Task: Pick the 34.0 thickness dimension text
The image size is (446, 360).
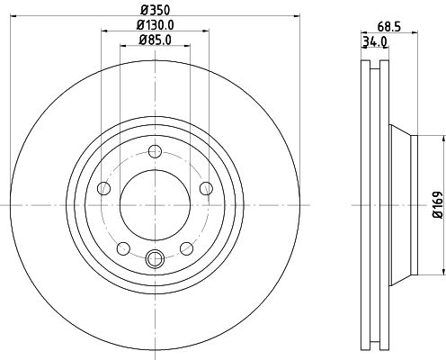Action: point(374,41)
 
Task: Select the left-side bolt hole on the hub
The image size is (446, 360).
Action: point(103,188)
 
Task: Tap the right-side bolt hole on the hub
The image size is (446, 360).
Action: point(206,187)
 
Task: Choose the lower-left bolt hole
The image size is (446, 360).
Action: point(123,248)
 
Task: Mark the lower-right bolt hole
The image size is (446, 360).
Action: point(186,248)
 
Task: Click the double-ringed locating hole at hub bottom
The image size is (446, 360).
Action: point(155,261)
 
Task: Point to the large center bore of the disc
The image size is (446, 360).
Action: point(155,205)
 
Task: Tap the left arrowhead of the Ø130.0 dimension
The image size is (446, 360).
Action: point(103,31)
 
